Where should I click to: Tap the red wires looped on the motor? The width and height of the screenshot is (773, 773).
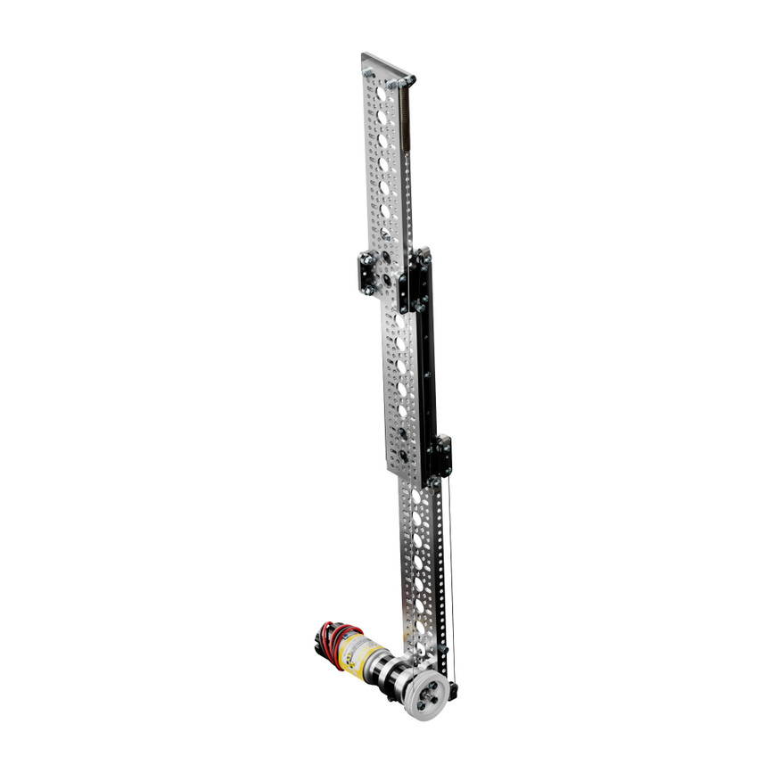coord(333,637)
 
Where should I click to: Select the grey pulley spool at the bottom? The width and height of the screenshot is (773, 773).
coord(425,694)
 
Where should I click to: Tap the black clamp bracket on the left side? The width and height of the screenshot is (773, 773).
coord(368,273)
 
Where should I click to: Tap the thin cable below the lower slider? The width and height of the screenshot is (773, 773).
coord(449,571)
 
